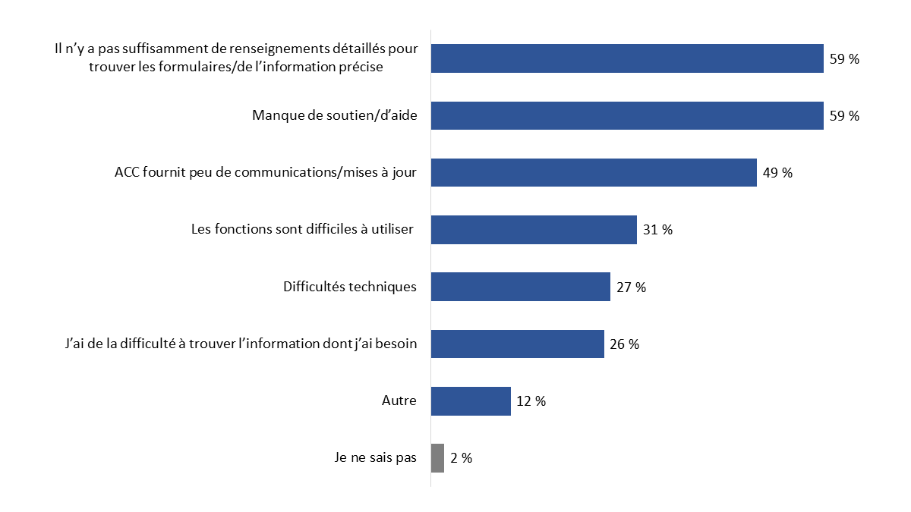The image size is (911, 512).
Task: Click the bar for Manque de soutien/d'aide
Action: [627, 115]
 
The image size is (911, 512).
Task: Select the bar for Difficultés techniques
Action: [521, 287]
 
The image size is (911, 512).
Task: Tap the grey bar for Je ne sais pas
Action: [437, 458]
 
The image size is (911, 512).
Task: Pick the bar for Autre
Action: [471, 401]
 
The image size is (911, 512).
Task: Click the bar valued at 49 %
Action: [594, 172]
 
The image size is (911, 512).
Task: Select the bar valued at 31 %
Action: [534, 230]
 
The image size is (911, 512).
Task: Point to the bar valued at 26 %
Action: [517, 344]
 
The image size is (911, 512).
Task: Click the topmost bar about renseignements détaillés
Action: [627, 58]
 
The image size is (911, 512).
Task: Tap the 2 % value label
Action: [461, 458]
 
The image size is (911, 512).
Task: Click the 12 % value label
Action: [531, 401]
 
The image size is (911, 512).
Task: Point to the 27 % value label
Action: [631, 287]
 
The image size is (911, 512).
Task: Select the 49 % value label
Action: [777, 173]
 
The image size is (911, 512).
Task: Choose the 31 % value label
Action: [657, 230]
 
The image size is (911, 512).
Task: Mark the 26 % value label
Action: [624, 344]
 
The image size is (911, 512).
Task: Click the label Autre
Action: [399, 400]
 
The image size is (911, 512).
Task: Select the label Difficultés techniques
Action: [350, 287]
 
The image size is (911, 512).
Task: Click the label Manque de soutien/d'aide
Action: [334, 116]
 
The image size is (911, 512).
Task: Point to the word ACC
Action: [127, 172]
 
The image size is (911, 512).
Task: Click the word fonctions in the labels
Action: [240, 229]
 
